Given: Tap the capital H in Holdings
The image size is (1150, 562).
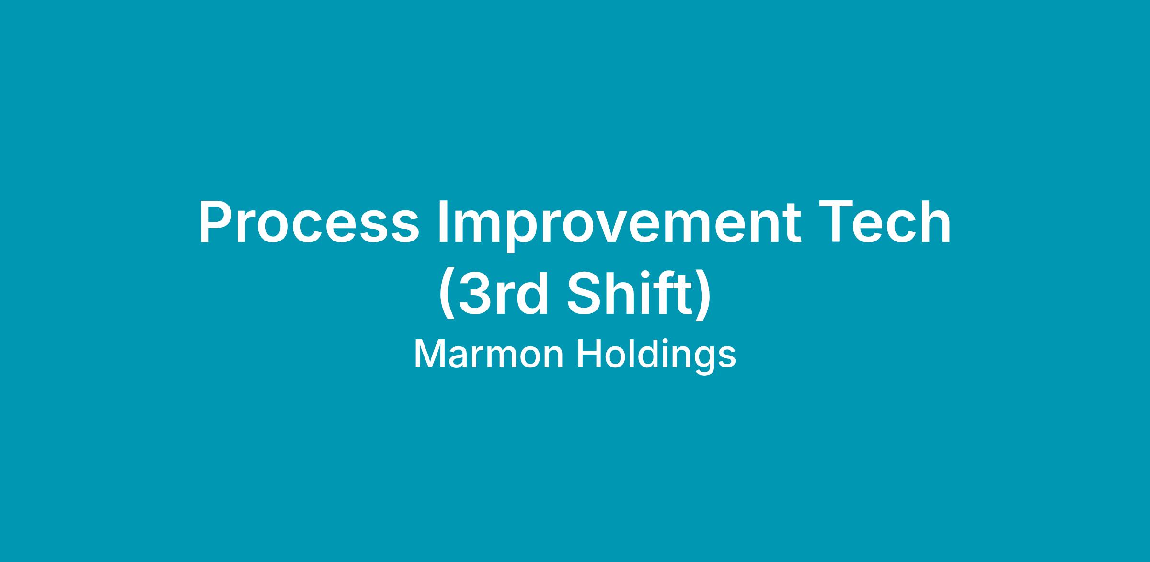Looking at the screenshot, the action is point(588,355).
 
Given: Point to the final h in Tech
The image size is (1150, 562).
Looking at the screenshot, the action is point(935,221).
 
